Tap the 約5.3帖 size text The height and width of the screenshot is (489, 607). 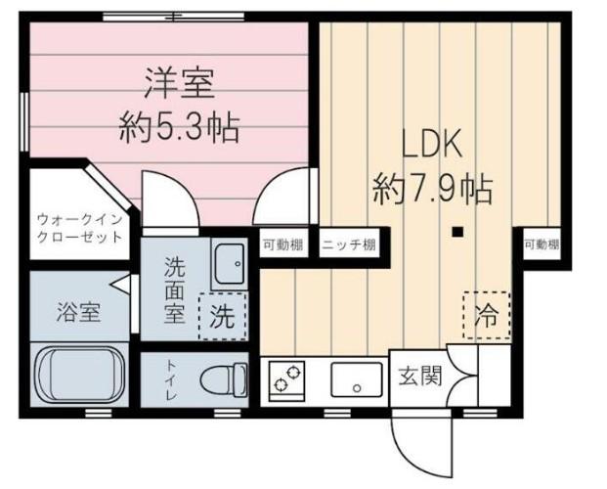click(179, 128)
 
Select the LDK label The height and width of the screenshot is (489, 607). click(432, 144)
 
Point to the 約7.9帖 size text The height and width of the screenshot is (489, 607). click(432, 189)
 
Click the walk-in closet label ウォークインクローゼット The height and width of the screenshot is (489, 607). click(80, 228)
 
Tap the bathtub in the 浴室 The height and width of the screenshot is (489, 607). click(80, 375)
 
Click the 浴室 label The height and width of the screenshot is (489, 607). click(78, 312)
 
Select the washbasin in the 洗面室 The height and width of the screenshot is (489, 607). click(230, 264)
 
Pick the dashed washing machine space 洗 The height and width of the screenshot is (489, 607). click(223, 317)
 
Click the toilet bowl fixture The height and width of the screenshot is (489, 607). click(224, 380)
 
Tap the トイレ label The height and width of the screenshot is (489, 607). click(170, 379)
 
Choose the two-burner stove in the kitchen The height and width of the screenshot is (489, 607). click(286, 380)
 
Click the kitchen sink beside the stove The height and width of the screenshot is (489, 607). click(357, 379)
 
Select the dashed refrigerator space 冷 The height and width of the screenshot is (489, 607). click(487, 316)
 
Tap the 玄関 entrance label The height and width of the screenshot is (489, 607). click(420, 376)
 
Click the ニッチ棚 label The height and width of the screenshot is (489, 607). click(349, 244)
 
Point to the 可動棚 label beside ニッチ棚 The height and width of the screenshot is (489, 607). click(283, 244)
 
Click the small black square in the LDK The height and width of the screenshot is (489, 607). click(458, 232)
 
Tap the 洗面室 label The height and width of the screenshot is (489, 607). click(175, 289)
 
